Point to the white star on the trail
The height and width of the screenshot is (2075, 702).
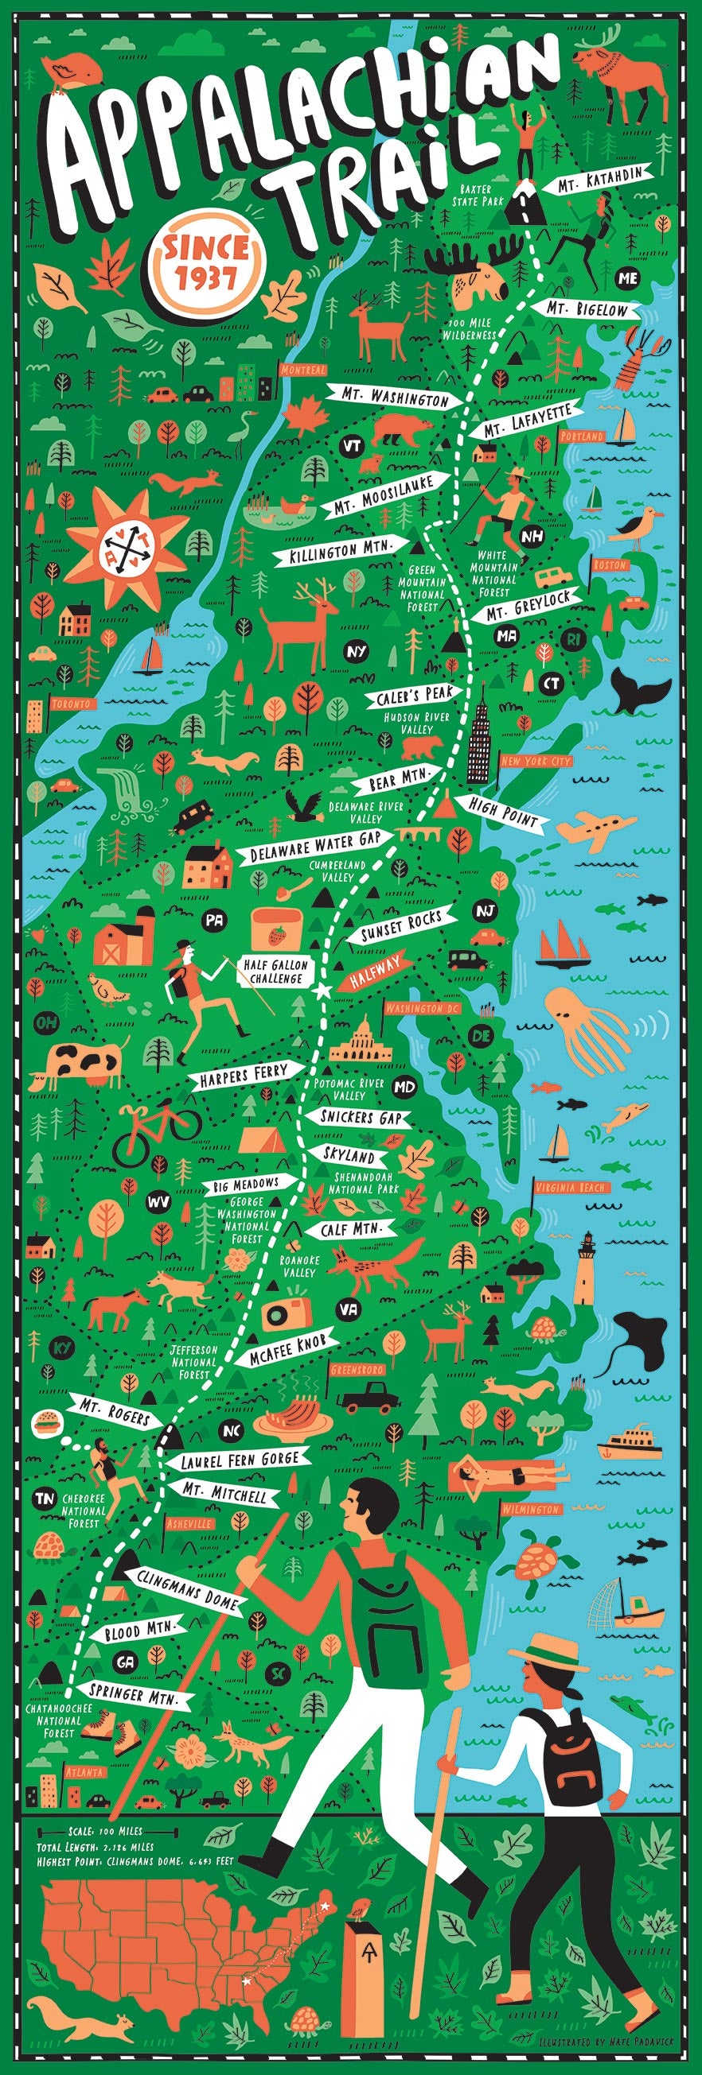(x=322, y=991)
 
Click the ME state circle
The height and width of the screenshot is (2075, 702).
(x=627, y=278)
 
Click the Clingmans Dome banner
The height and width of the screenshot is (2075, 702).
(x=187, y=1589)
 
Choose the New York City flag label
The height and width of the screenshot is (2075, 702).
(x=536, y=760)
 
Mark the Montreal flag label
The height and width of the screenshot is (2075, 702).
(x=304, y=370)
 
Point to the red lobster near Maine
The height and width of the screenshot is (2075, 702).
(x=641, y=357)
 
